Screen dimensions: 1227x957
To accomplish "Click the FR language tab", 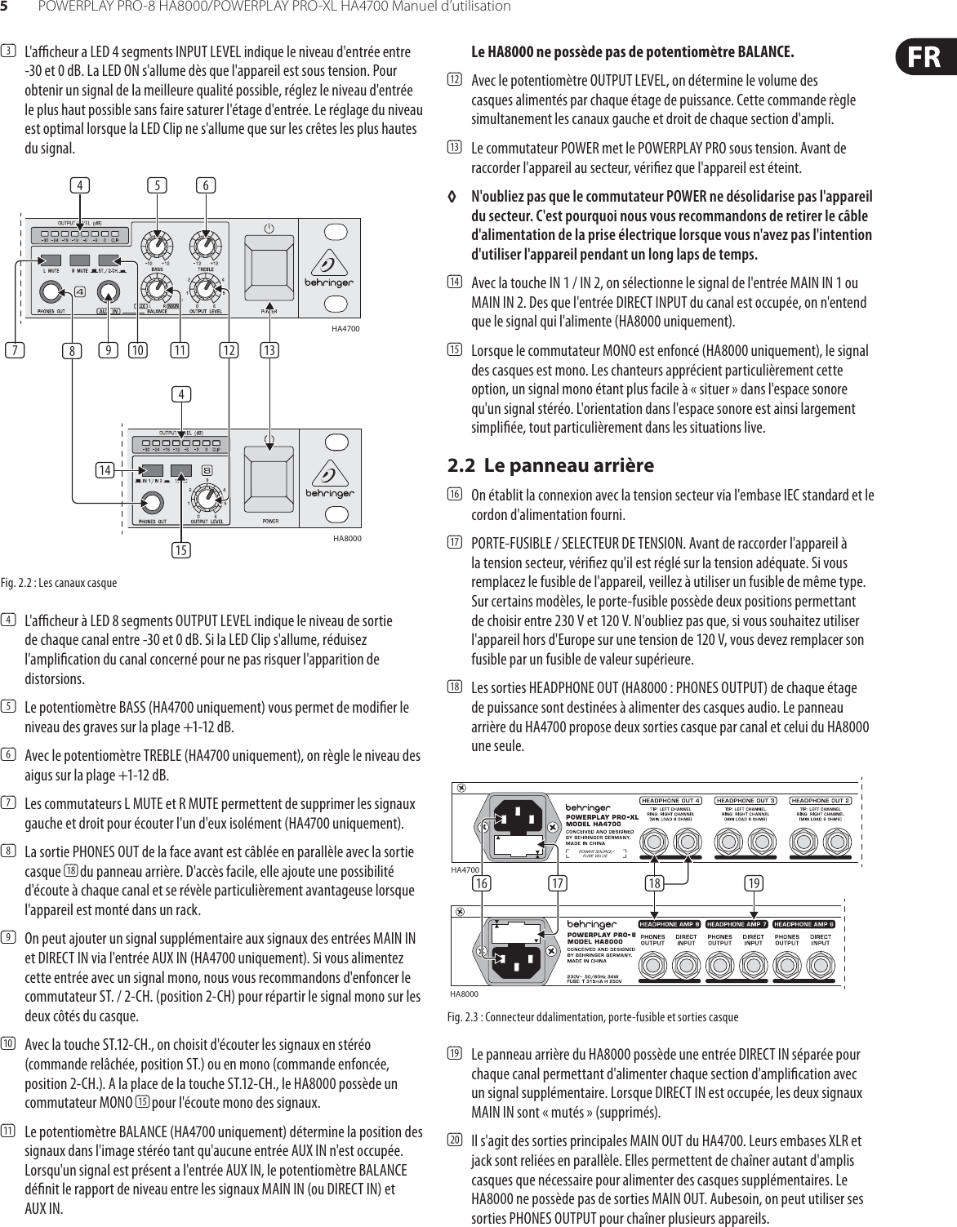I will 924,57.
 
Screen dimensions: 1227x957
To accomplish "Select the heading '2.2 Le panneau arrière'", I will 551,465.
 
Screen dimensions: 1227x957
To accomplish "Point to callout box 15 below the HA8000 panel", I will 181,549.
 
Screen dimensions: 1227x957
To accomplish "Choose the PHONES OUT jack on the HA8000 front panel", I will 151,503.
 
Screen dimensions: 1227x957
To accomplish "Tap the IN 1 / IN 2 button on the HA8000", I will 153,471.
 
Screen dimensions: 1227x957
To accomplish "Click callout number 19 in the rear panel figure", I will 754,882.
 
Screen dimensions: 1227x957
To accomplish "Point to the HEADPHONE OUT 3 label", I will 746,800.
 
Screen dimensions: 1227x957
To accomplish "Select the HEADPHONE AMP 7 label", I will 735,923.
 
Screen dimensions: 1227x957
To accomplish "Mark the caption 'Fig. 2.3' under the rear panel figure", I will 594,1017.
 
